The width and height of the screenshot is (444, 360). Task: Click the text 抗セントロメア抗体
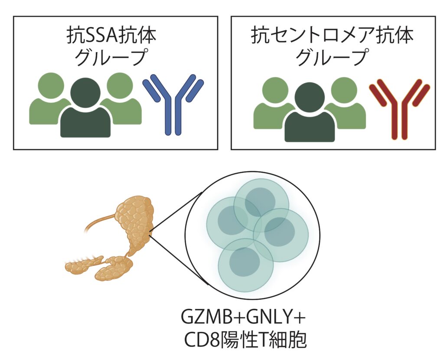pyautogui.click(x=332, y=36)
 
